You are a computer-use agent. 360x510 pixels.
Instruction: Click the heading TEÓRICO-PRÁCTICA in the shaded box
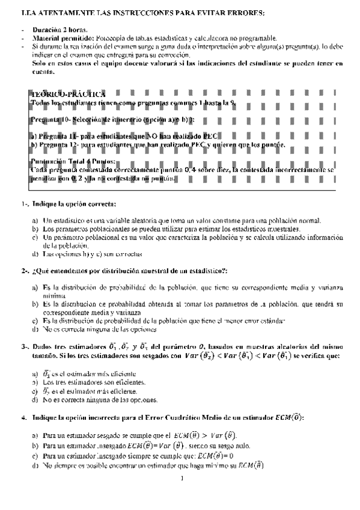67,94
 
